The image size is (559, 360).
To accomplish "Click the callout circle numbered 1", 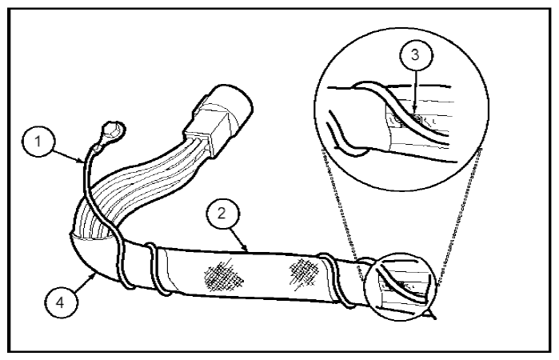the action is pyautogui.click(x=38, y=142).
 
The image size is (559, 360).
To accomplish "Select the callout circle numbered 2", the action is pyautogui.click(x=222, y=214).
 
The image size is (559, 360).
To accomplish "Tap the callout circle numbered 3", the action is pyautogui.click(x=416, y=55).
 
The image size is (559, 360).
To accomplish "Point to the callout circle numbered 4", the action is pyautogui.click(x=60, y=302).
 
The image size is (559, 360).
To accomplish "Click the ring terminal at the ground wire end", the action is pyautogui.click(x=112, y=133).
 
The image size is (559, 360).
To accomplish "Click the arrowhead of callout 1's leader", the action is pyautogui.click(x=83, y=161).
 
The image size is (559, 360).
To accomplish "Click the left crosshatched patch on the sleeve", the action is pyautogui.click(x=224, y=278).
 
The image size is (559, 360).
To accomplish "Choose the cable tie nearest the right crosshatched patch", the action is pyautogui.click(x=336, y=279).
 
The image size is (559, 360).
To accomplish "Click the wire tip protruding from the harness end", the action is pyautogui.click(x=430, y=314).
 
